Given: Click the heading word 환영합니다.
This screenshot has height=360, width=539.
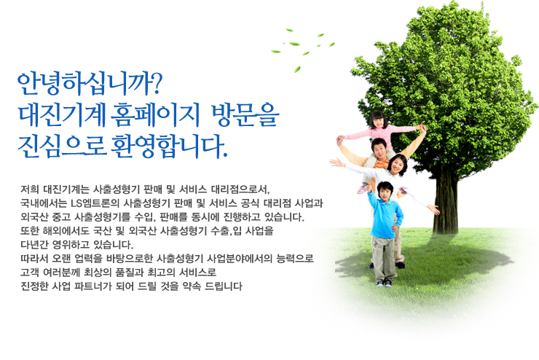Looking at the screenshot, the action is [169, 146].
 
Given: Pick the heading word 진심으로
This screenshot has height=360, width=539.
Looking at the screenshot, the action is [61, 146].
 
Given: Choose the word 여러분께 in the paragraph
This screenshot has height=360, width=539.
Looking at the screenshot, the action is [61, 273].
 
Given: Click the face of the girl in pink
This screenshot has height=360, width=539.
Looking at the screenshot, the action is [378, 122].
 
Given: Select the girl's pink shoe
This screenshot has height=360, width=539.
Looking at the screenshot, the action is [362, 189].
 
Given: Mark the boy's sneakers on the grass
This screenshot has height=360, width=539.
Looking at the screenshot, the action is [385, 283].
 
